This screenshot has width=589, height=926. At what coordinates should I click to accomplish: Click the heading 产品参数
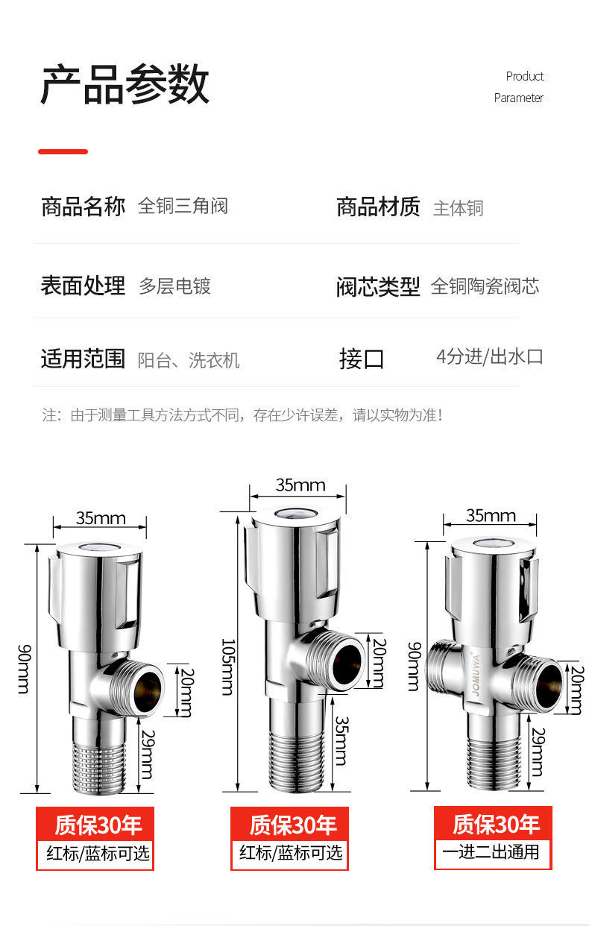tap(125, 85)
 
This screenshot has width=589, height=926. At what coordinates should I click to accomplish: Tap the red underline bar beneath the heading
tap(63, 151)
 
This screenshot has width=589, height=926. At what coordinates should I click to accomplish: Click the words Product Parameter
tap(519, 86)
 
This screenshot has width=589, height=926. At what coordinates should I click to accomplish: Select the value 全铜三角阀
tap(183, 206)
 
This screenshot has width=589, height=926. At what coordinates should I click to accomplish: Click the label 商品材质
tap(378, 207)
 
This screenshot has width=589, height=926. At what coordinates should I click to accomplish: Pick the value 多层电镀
tap(174, 286)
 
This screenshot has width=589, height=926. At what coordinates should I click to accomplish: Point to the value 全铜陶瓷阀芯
tap(485, 286)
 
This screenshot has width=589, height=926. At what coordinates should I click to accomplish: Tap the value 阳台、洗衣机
tap(189, 360)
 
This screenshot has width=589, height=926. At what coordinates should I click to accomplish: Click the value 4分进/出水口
tap(489, 356)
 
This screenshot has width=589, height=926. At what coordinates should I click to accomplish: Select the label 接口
tap(362, 359)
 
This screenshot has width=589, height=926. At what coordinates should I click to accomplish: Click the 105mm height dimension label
tap(228, 666)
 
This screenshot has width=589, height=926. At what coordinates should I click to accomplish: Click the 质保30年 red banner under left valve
tap(96, 825)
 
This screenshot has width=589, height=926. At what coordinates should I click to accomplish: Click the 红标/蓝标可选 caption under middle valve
tap(291, 852)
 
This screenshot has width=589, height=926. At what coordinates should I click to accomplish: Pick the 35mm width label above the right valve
tap(490, 515)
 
